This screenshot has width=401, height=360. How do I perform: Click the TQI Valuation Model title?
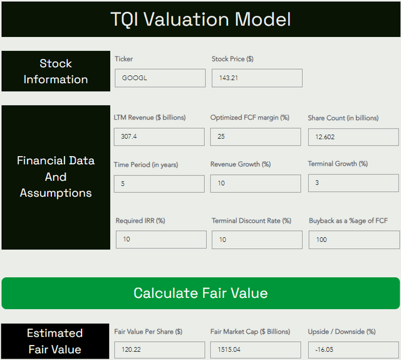pyautogui.click(x=200, y=19)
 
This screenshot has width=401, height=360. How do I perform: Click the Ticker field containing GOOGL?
pyautogui.click(x=160, y=78)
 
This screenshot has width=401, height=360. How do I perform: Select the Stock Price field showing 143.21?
pyautogui.click(x=257, y=78)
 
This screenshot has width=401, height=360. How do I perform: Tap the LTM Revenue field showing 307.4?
pyautogui.click(x=159, y=137)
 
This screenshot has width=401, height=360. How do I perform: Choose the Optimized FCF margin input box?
pyautogui.click(x=256, y=137)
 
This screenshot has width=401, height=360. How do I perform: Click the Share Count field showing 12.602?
pyautogui.click(x=353, y=137)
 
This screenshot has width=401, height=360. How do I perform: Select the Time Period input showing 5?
pyautogui.click(x=159, y=184)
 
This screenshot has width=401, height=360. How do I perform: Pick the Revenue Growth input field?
pyautogui.click(x=256, y=184)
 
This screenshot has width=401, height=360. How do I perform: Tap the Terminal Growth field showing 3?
pyautogui.click(x=353, y=183)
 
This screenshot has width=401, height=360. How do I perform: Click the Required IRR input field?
pyautogui.click(x=161, y=240)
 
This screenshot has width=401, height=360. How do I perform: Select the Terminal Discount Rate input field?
pyautogui.click(x=257, y=240)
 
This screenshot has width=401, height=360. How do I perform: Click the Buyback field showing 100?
pyautogui.click(x=354, y=240)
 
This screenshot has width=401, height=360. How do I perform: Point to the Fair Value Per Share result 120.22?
pyautogui.click(x=159, y=350)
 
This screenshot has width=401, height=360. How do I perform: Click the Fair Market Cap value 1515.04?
pyautogui.click(x=256, y=350)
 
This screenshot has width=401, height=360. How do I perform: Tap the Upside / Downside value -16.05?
pyautogui.click(x=353, y=350)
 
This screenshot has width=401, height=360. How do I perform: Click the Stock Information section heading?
pyautogui.click(x=55, y=71)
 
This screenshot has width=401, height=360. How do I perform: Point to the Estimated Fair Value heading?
pyautogui.click(x=55, y=341)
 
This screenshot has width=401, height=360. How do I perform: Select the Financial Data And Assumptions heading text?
pyautogui.click(x=56, y=176)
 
